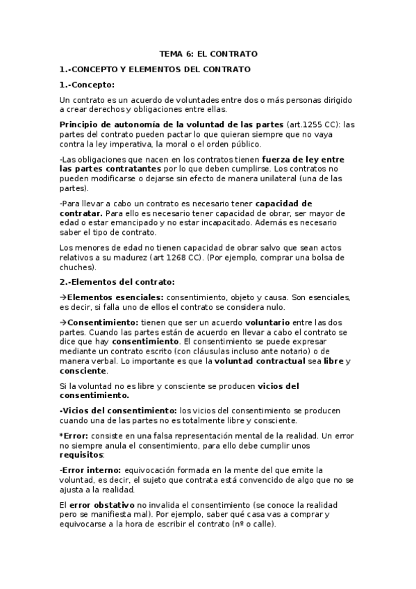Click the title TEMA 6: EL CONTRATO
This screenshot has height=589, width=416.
pos(208,53)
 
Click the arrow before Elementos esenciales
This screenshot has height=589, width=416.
pos(63,297)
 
